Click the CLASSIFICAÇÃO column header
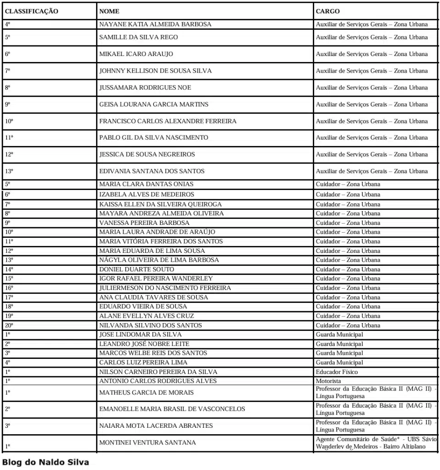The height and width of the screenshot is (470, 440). tap(31, 11)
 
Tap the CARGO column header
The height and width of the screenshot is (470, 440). tap(327, 11)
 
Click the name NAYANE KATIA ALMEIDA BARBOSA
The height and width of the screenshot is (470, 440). tap(155, 24)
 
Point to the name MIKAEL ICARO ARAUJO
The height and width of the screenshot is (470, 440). tap(136, 54)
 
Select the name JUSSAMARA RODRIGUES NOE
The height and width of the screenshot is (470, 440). tap(145, 88)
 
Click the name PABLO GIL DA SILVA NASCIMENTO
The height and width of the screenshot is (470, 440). tap(153, 138)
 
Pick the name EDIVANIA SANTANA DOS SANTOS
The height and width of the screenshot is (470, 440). tap(152, 171)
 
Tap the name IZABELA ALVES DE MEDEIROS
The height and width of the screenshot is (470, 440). tap(147, 195)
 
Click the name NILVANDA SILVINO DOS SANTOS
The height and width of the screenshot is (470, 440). tap(150, 325)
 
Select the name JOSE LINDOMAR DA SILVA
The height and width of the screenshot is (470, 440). tap(141, 335)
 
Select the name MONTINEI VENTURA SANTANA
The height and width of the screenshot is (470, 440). tap(147, 442)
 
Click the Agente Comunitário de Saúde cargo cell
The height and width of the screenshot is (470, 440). tap(376, 443)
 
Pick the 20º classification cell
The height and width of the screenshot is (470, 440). tap(9, 325)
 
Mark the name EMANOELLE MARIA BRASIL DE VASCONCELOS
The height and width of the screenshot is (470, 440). tap(172, 409)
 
